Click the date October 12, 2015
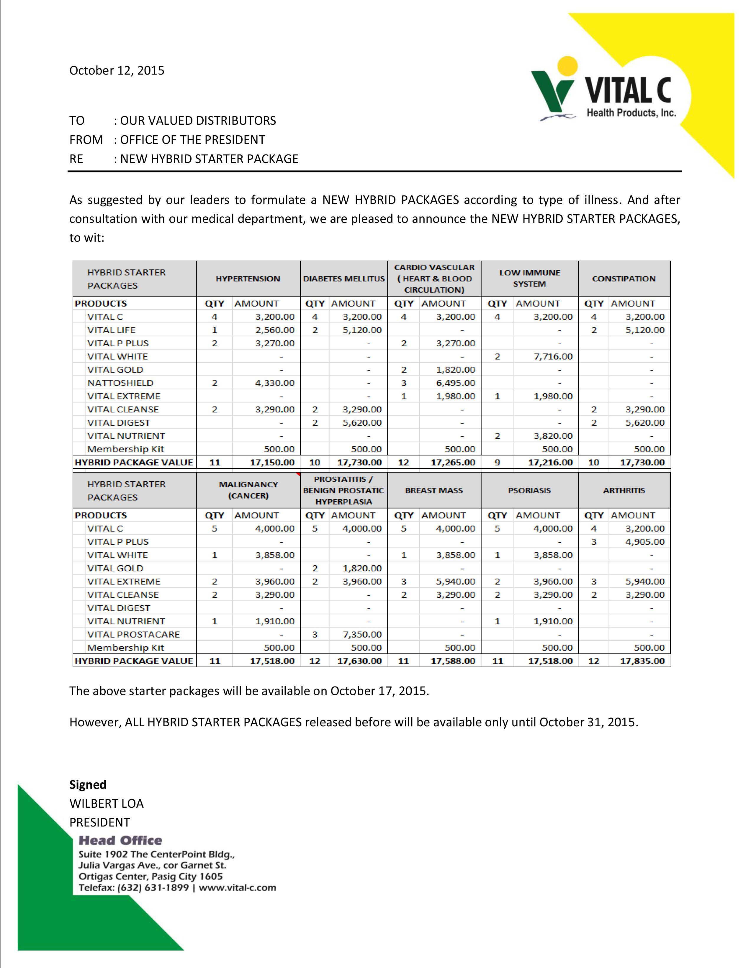(117, 70)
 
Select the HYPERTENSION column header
(248, 279)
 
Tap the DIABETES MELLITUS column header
(344, 279)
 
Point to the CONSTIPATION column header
(624, 279)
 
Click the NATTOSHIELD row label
(120, 383)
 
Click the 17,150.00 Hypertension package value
(272, 462)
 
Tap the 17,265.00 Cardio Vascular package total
(453, 462)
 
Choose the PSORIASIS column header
(529, 491)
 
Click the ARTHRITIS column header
(624, 491)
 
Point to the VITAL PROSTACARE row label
(133, 634)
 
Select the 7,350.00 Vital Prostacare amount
(362, 634)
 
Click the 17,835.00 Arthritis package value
(642, 661)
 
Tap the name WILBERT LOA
(107, 804)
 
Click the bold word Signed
(88, 784)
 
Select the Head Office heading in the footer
(120, 840)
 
